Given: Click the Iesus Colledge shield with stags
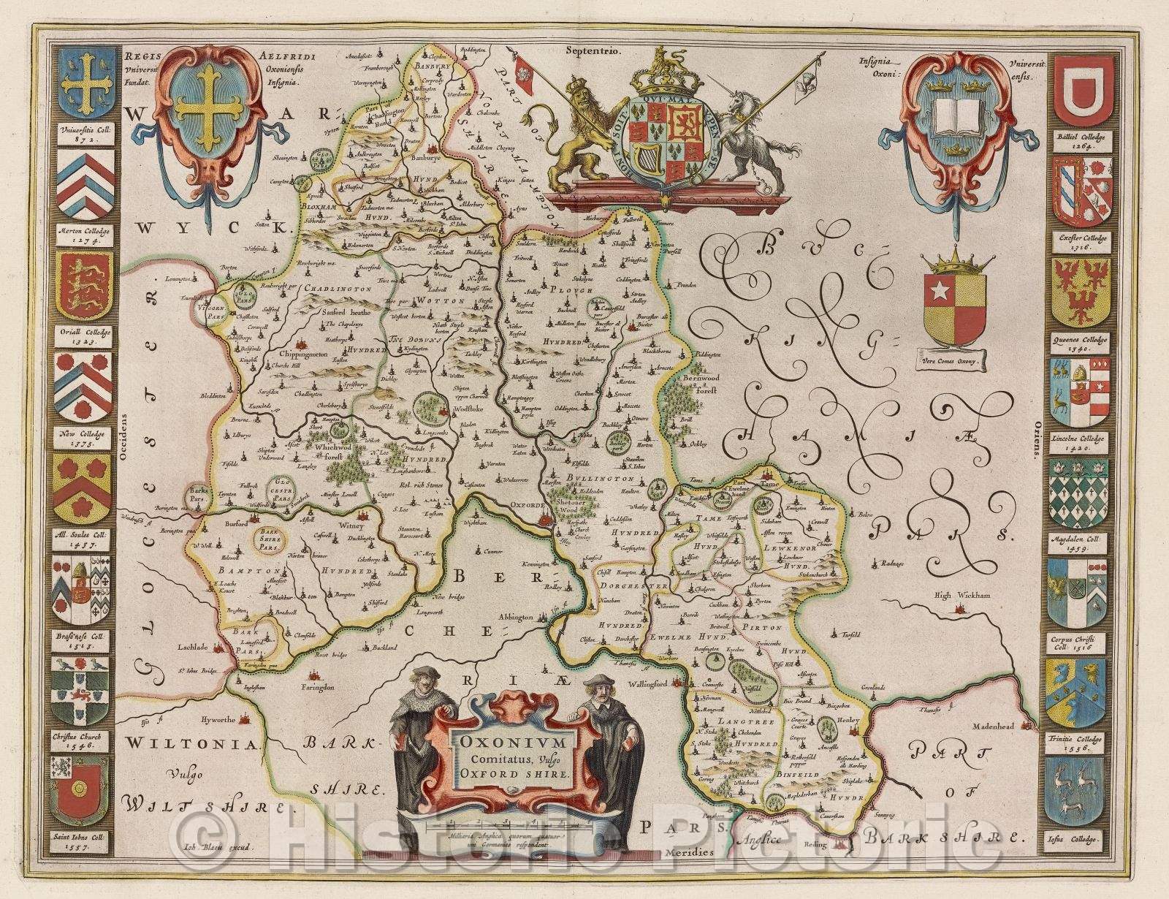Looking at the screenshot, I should click(x=1081, y=789).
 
